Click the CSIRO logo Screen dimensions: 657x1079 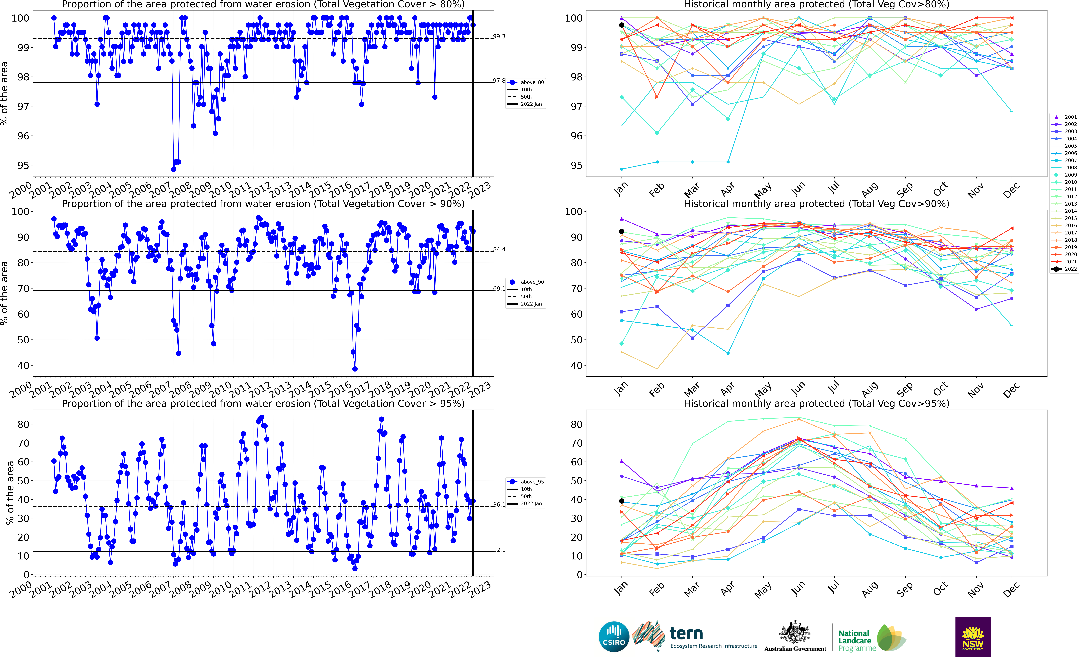coord(614,636)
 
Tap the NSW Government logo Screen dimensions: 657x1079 coord(973,636)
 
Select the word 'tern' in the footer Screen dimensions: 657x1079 coord(686,633)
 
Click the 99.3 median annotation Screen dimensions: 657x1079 coord(499,36)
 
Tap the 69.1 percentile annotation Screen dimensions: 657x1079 coord(499,289)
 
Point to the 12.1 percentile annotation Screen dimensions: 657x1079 coord(499,550)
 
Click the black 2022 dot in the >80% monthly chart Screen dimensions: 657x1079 coord(621,25)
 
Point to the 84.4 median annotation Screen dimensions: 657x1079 coord(499,249)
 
